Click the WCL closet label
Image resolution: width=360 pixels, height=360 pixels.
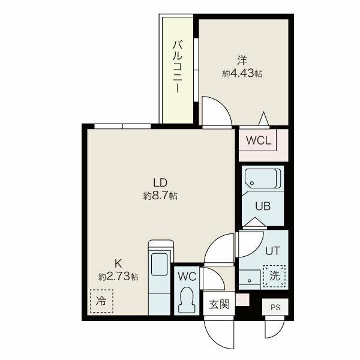pyautogui.click(x=259, y=140)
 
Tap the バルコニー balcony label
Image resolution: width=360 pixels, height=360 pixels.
pyautogui.click(x=178, y=67)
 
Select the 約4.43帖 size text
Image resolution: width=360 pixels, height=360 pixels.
pyautogui.click(x=242, y=73)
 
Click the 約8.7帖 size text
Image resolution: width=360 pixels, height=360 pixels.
pyautogui.click(x=160, y=196)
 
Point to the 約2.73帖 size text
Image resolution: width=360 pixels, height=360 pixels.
pyautogui.click(x=118, y=276)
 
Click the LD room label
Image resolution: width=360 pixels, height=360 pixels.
pyautogui.click(x=160, y=183)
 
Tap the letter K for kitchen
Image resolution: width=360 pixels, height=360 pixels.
pyautogui.click(x=118, y=264)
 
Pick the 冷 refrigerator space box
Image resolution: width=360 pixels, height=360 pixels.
pyautogui.click(x=101, y=301)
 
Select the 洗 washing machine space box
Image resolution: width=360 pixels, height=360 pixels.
pyautogui.click(x=275, y=276)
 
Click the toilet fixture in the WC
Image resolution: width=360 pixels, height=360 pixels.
pyautogui.click(x=186, y=299)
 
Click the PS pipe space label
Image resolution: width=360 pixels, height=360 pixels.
pyautogui.click(x=275, y=307)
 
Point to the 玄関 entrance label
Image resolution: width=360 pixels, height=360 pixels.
pyautogui.click(x=219, y=304)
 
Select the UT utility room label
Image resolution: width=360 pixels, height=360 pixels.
pyautogui.click(x=273, y=251)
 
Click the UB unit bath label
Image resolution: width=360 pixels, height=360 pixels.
pyautogui.click(x=263, y=206)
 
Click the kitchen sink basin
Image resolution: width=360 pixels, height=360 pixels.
pyautogui.click(x=159, y=264)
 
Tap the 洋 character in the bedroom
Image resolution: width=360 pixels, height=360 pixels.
pyautogui.click(x=242, y=61)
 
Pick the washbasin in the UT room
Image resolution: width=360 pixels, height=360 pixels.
pyautogui.click(x=250, y=280)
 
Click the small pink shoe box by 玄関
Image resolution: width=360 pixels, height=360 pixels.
pyautogui.click(x=242, y=299)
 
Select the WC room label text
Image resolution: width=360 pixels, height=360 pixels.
pyautogui.click(x=187, y=277)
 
